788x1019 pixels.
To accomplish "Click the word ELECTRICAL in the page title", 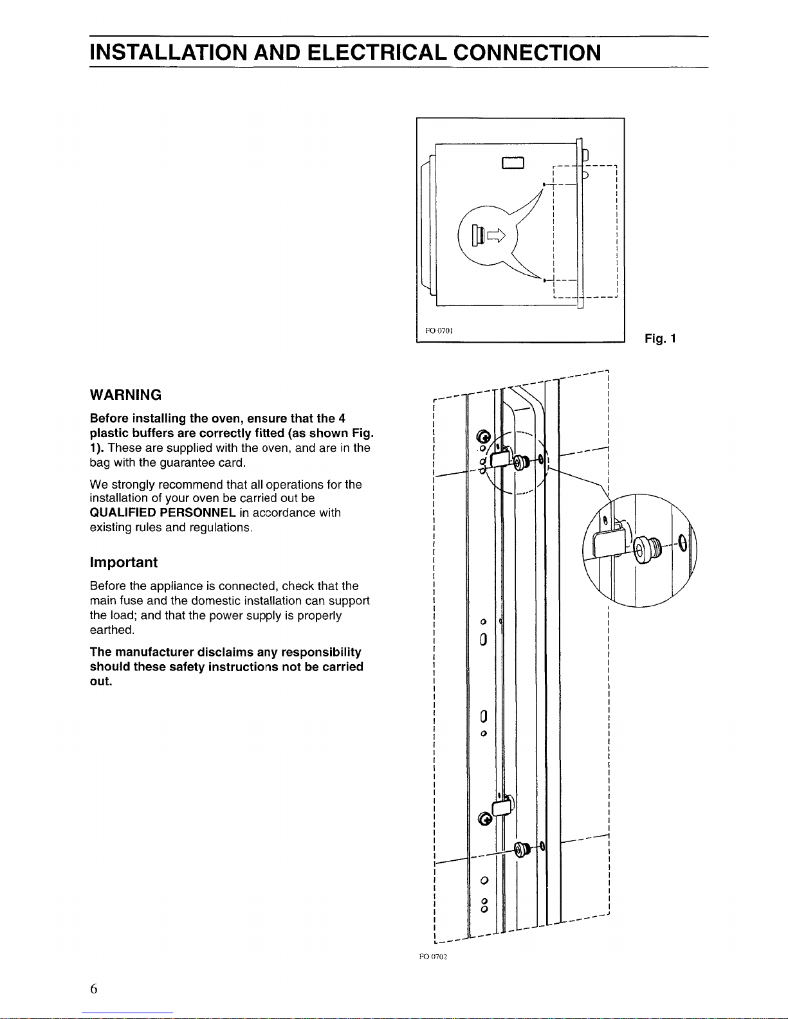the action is click(x=377, y=53).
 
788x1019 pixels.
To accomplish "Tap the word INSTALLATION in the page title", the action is click(x=169, y=53).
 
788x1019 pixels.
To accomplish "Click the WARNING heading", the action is click(x=125, y=395).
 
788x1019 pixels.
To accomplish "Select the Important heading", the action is click(x=124, y=563).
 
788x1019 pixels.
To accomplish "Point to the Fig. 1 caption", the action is click(x=660, y=338).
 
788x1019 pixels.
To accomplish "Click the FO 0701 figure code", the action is click(x=439, y=330).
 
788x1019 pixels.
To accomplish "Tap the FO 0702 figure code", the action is click(x=433, y=957).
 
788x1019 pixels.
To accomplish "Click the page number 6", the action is click(x=94, y=989).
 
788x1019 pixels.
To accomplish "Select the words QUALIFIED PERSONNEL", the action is click(x=163, y=512).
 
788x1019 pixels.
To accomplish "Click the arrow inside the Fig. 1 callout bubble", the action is click(x=496, y=235).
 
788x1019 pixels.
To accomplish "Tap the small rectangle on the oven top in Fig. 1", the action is click(x=513, y=162).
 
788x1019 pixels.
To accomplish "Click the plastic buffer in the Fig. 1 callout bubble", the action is click(x=478, y=235).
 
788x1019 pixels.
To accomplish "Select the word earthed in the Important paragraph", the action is click(x=112, y=630).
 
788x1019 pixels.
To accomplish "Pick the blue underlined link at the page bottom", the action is click(x=127, y=1013).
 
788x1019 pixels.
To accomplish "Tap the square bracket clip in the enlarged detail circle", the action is click(x=609, y=541).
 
